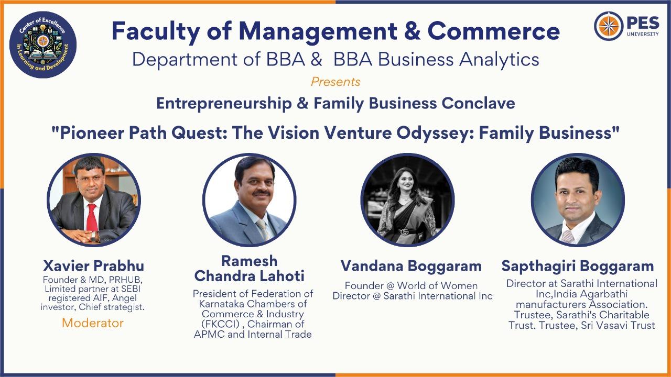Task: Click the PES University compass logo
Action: tap(609, 26)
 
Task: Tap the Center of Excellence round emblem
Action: tap(43, 45)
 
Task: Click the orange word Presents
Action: tap(335, 82)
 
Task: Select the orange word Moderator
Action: tap(93, 323)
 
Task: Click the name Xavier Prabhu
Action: tap(93, 265)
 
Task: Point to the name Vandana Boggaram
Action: tap(411, 265)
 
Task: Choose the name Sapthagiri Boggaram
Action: tap(578, 266)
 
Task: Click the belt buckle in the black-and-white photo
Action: tap(406, 232)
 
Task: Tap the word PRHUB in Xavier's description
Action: tap(125, 280)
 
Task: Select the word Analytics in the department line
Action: tap(499, 60)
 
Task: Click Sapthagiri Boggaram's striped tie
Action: tap(567, 236)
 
